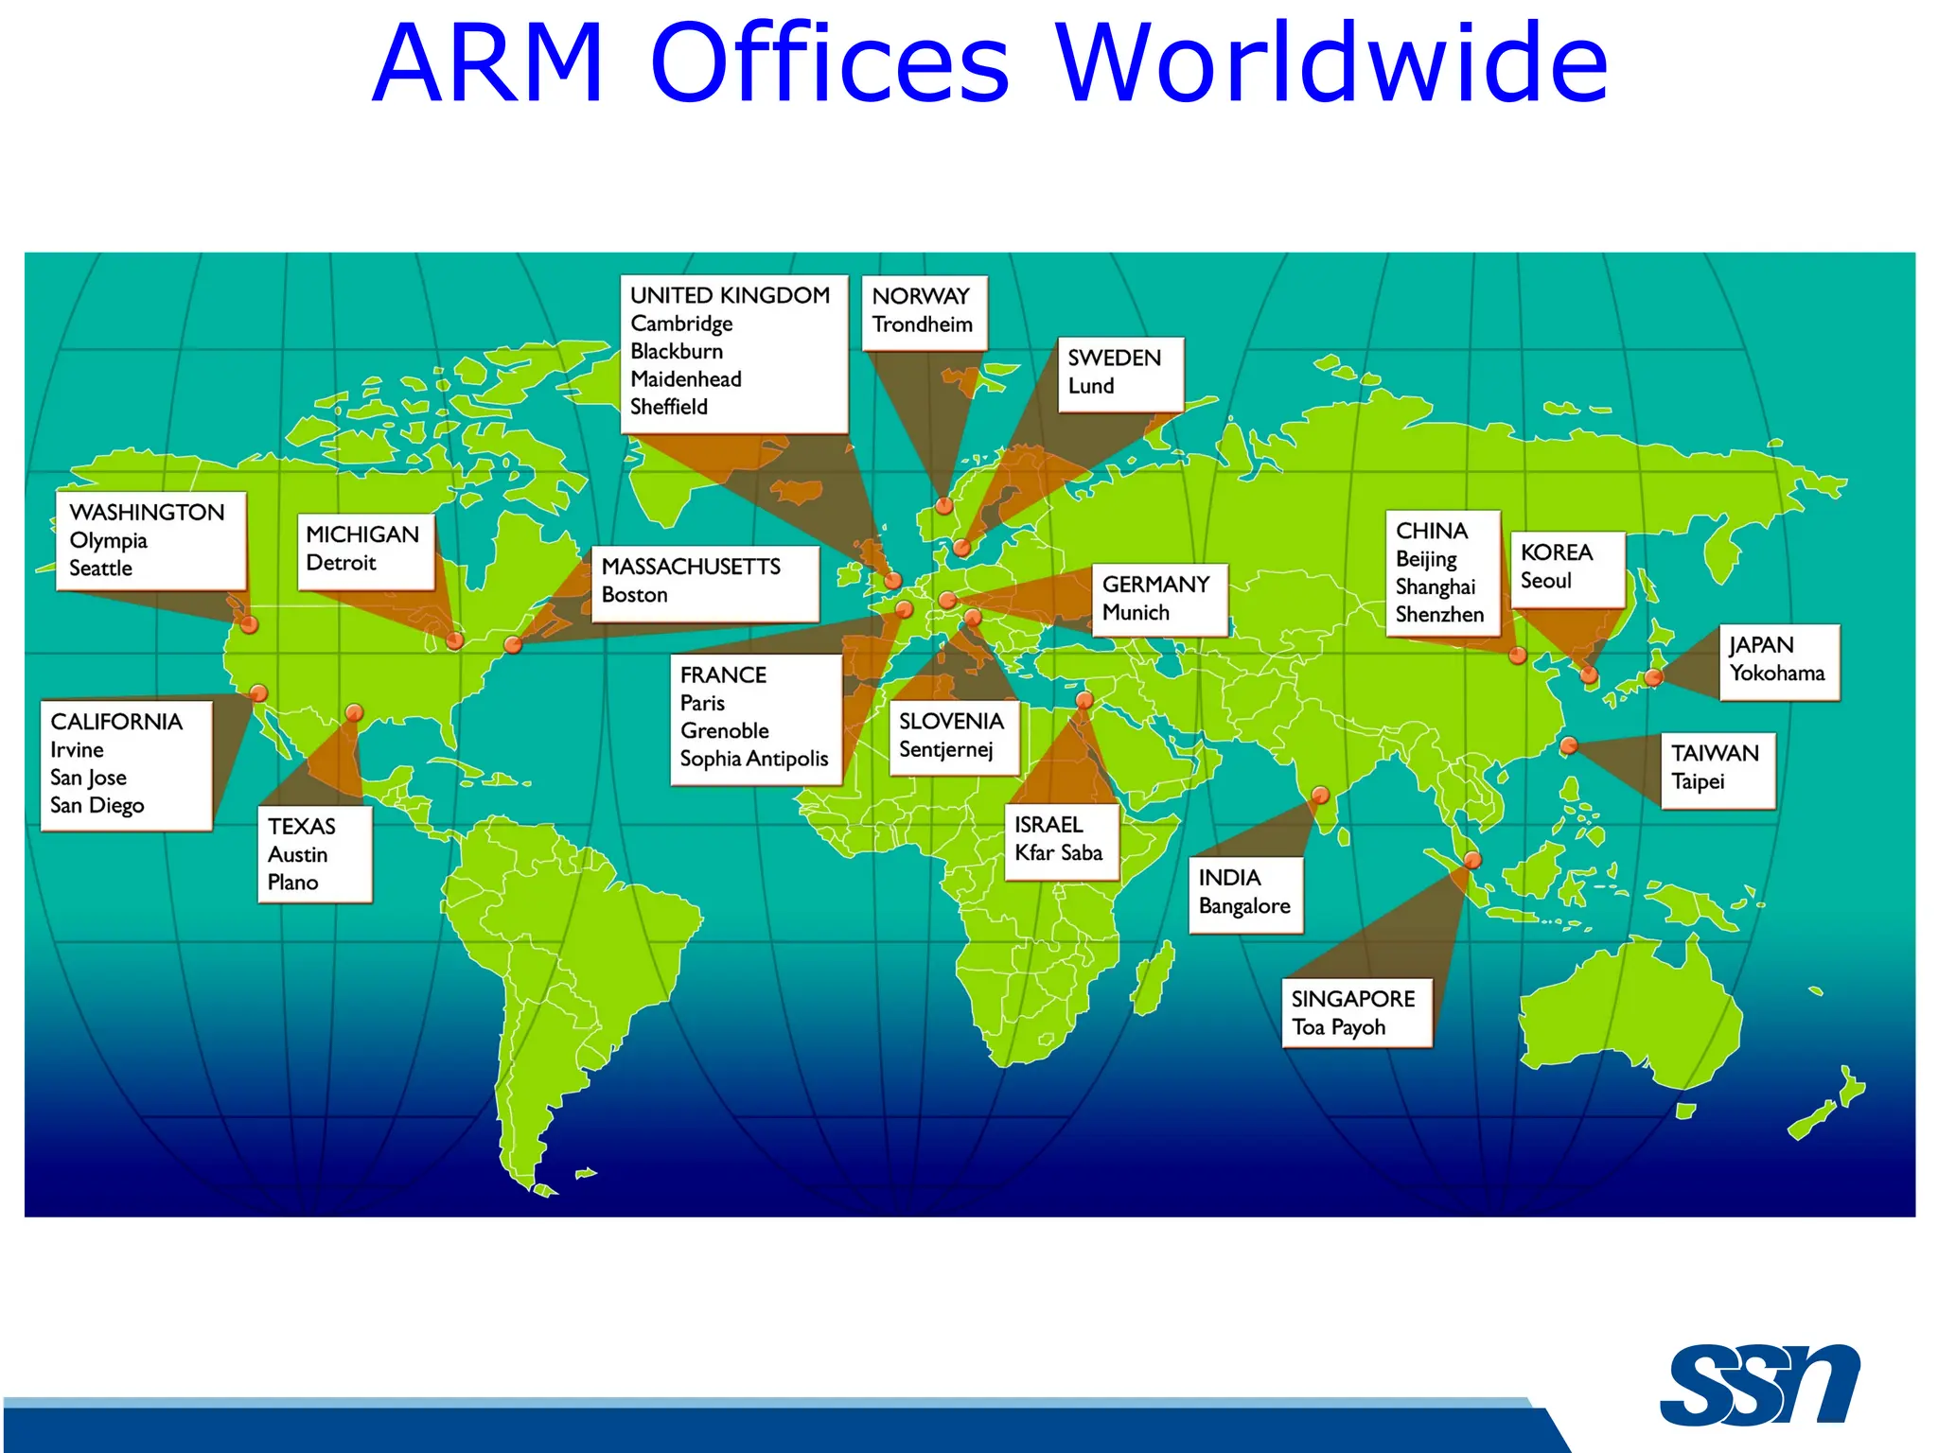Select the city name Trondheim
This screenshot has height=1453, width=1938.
pyautogui.click(x=922, y=324)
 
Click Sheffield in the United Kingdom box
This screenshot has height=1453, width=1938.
pyautogui.click(x=669, y=407)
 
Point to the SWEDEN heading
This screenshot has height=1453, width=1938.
pyautogui.click(x=1114, y=358)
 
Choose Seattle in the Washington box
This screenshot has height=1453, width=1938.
pyautogui.click(x=100, y=569)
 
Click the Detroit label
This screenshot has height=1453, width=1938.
pyautogui.click(x=341, y=563)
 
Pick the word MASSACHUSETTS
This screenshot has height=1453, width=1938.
pyautogui.click(x=691, y=567)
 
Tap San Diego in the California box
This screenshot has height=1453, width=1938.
pyautogui.click(x=97, y=805)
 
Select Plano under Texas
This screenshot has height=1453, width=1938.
pyautogui.click(x=292, y=883)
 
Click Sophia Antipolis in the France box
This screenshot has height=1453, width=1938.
pyautogui.click(x=753, y=759)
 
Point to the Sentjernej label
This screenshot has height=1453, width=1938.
pyautogui.click(x=945, y=750)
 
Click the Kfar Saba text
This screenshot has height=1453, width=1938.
pyautogui.click(x=1058, y=853)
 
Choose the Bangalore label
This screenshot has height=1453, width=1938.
pyautogui.click(x=1244, y=906)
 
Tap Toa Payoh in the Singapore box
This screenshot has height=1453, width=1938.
pyautogui.click(x=1338, y=1027)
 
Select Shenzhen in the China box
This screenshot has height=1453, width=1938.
pyautogui.click(x=1439, y=615)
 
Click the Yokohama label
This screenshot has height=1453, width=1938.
pyautogui.click(x=1776, y=674)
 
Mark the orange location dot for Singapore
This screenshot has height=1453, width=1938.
pyautogui.click(x=1472, y=860)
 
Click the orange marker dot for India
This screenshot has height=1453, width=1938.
pyautogui.click(x=1320, y=795)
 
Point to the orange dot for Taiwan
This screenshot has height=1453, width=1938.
pyautogui.click(x=1568, y=745)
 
